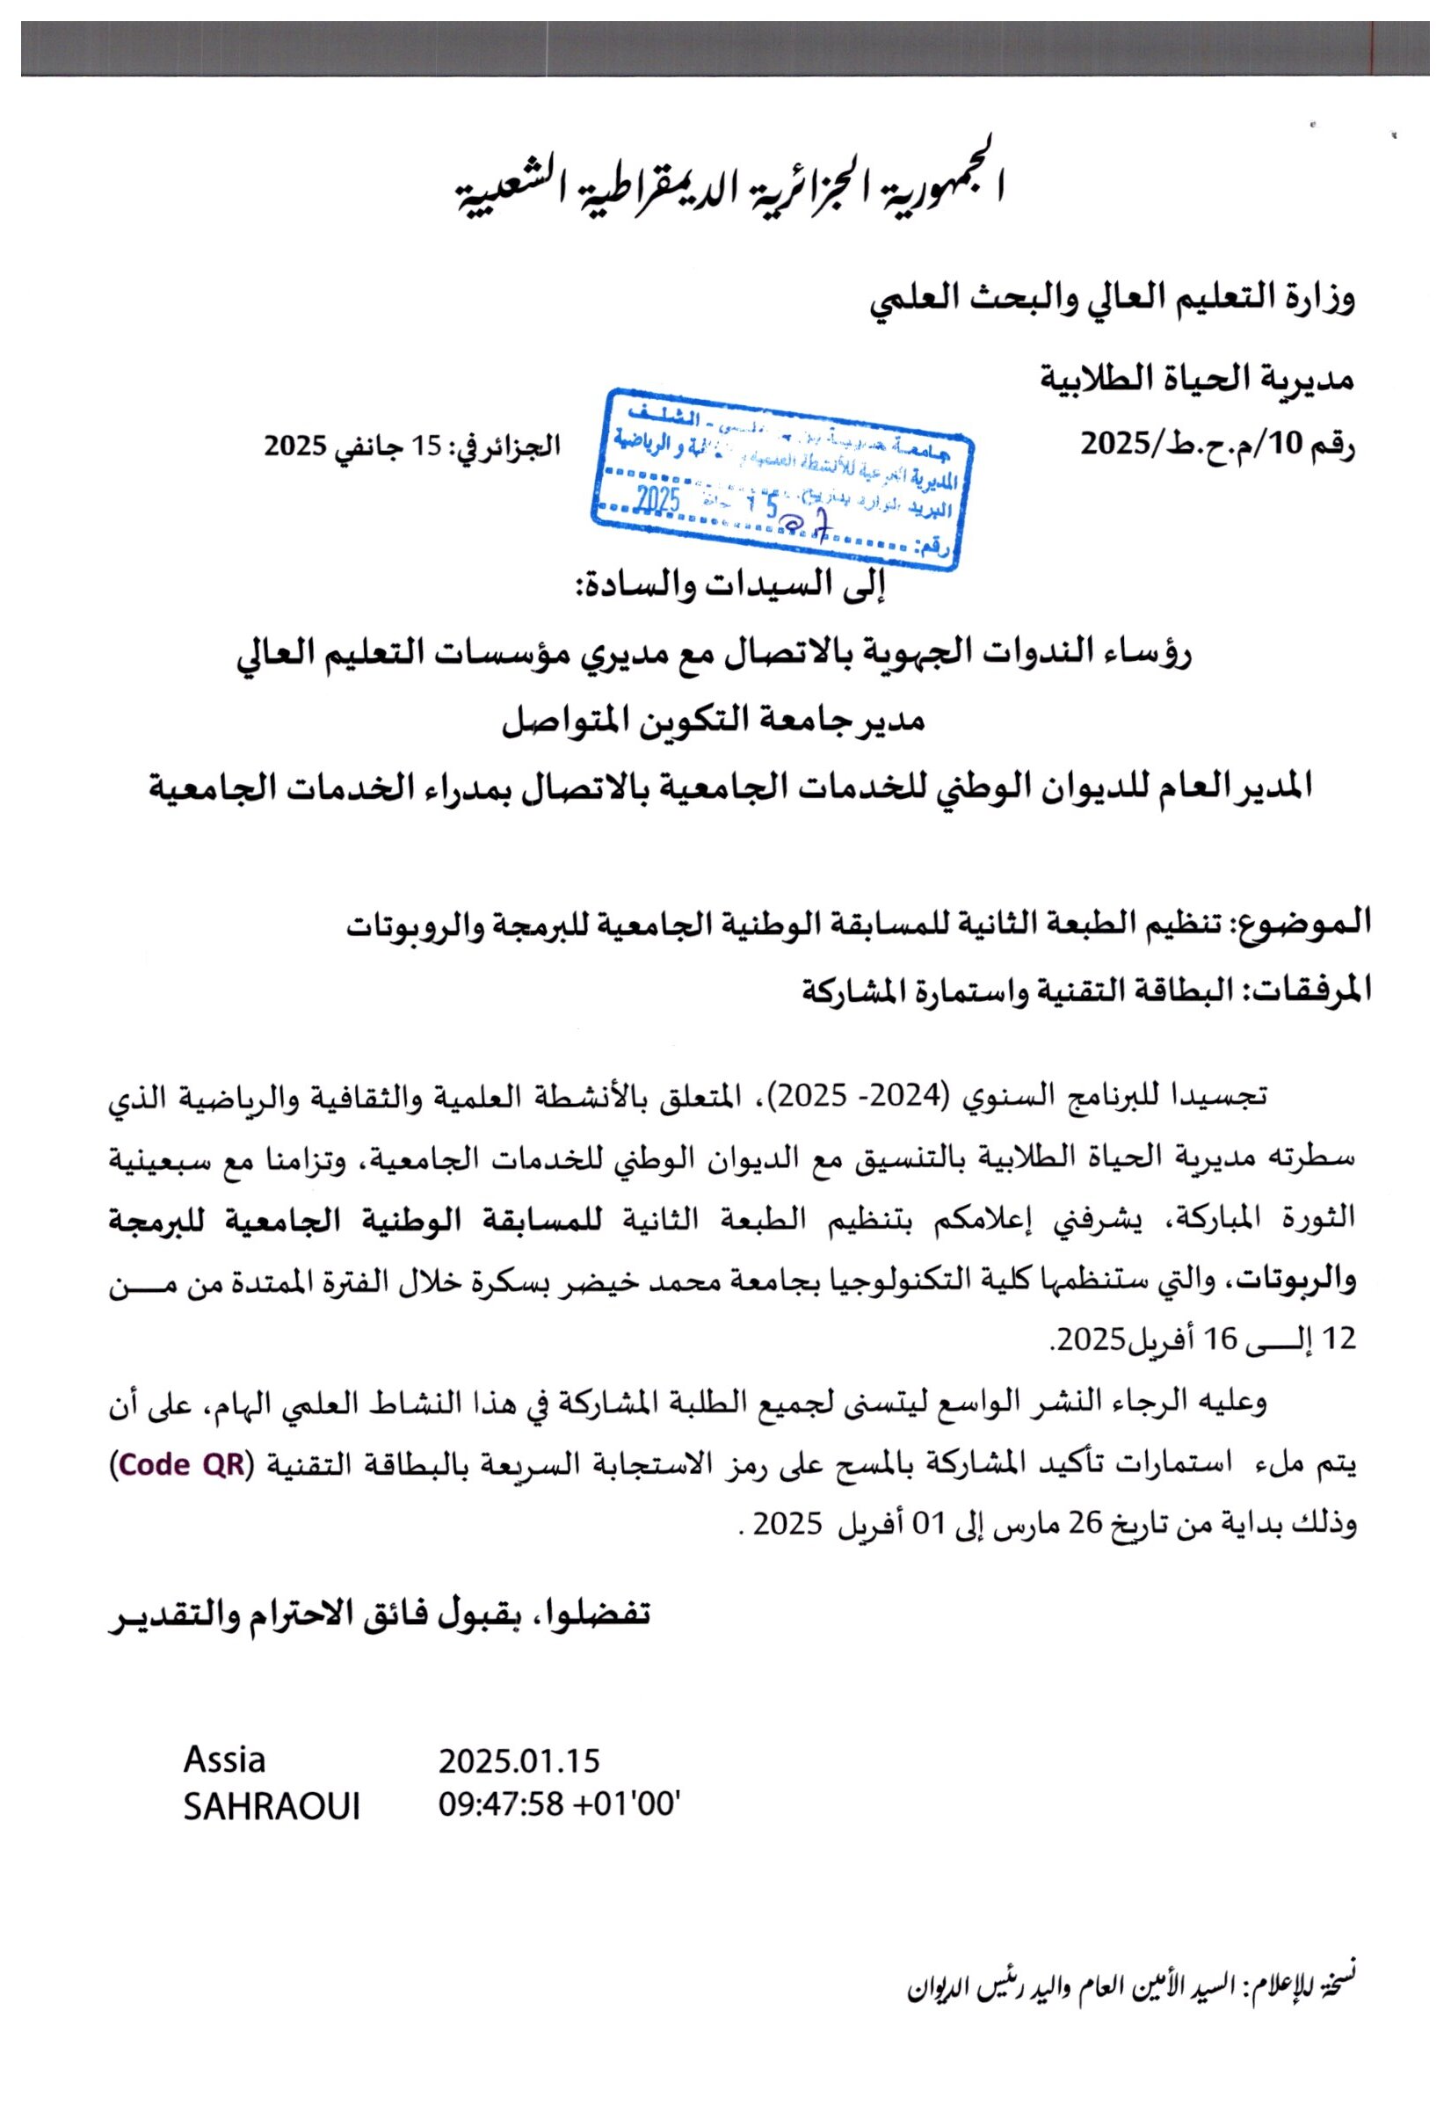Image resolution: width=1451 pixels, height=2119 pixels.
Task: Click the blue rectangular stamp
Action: click(x=780, y=478)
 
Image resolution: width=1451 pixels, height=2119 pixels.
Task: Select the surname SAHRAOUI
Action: click(x=271, y=1831)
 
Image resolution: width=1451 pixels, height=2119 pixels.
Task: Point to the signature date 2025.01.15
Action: click(x=519, y=1786)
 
